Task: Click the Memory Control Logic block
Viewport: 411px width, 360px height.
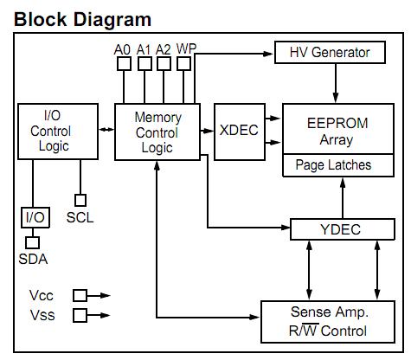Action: pyautogui.click(x=157, y=132)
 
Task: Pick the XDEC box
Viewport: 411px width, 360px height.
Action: pyautogui.click(x=240, y=132)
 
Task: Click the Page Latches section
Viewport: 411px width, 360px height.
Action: pyautogui.click(x=333, y=164)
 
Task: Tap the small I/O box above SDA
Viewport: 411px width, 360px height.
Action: pyautogui.click(x=35, y=216)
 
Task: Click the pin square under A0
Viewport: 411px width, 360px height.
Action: pyautogui.click(x=123, y=64)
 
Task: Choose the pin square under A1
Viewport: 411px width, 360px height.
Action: pyautogui.click(x=144, y=64)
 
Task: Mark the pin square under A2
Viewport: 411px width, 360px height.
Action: pyautogui.click(x=164, y=64)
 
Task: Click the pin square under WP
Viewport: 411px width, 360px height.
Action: pyautogui.click(x=185, y=64)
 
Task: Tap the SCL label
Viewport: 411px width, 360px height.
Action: pyautogui.click(x=80, y=217)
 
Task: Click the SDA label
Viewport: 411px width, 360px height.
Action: pyautogui.click(x=35, y=258)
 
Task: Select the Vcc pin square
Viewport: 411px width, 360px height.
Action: pyautogui.click(x=80, y=295)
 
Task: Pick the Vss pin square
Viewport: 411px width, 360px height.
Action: pyautogui.click(x=80, y=315)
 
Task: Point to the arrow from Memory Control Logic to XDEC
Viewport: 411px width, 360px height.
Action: pyautogui.click(x=207, y=130)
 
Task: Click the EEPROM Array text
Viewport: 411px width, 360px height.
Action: pyautogui.click(x=334, y=131)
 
